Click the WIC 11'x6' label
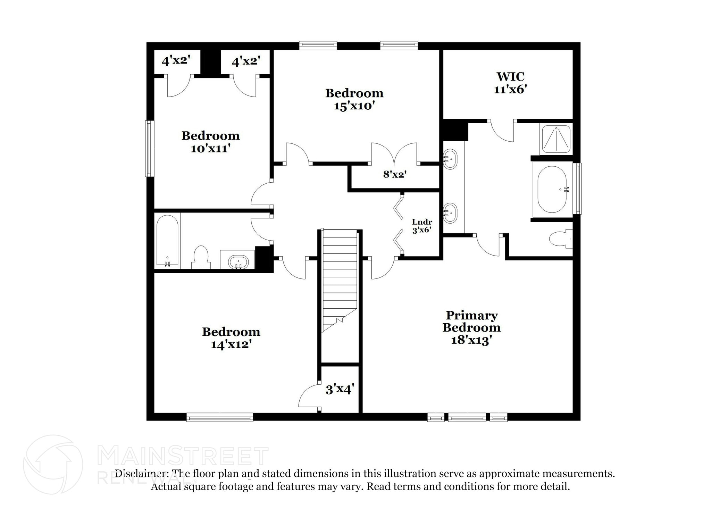tap(510, 83)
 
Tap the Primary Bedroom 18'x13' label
tap(471, 327)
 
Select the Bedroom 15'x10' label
tap(354, 99)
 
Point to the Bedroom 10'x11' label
tap(210, 142)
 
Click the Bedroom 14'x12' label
tap(231, 338)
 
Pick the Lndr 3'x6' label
tap(422, 226)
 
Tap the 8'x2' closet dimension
tap(395, 174)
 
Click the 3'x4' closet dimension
tap(340, 389)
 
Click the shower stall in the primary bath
tap(556, 139)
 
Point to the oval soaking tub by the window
tap(552, 189)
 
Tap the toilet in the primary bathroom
tap(560, 239)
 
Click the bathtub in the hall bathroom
tap(167, 240)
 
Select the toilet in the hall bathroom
tap(201, 257)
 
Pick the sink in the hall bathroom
tap(238, 261)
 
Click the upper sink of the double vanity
tap(450, 159)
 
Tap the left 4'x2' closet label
tap(176, 61)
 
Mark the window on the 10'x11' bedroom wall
tap(150, 148)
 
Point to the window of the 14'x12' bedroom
tap(219, 417)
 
